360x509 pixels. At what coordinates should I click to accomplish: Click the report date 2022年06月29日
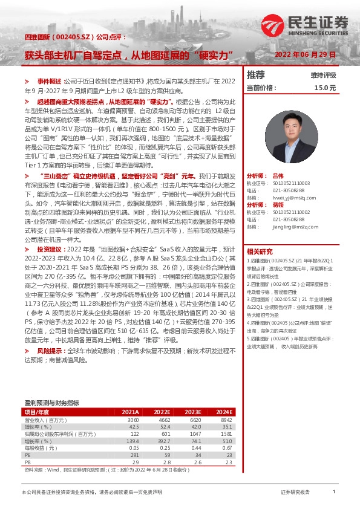point(305,54)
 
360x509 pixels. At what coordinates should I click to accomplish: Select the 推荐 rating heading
point(256,75)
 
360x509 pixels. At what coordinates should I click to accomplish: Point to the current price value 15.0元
point(325,88)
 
